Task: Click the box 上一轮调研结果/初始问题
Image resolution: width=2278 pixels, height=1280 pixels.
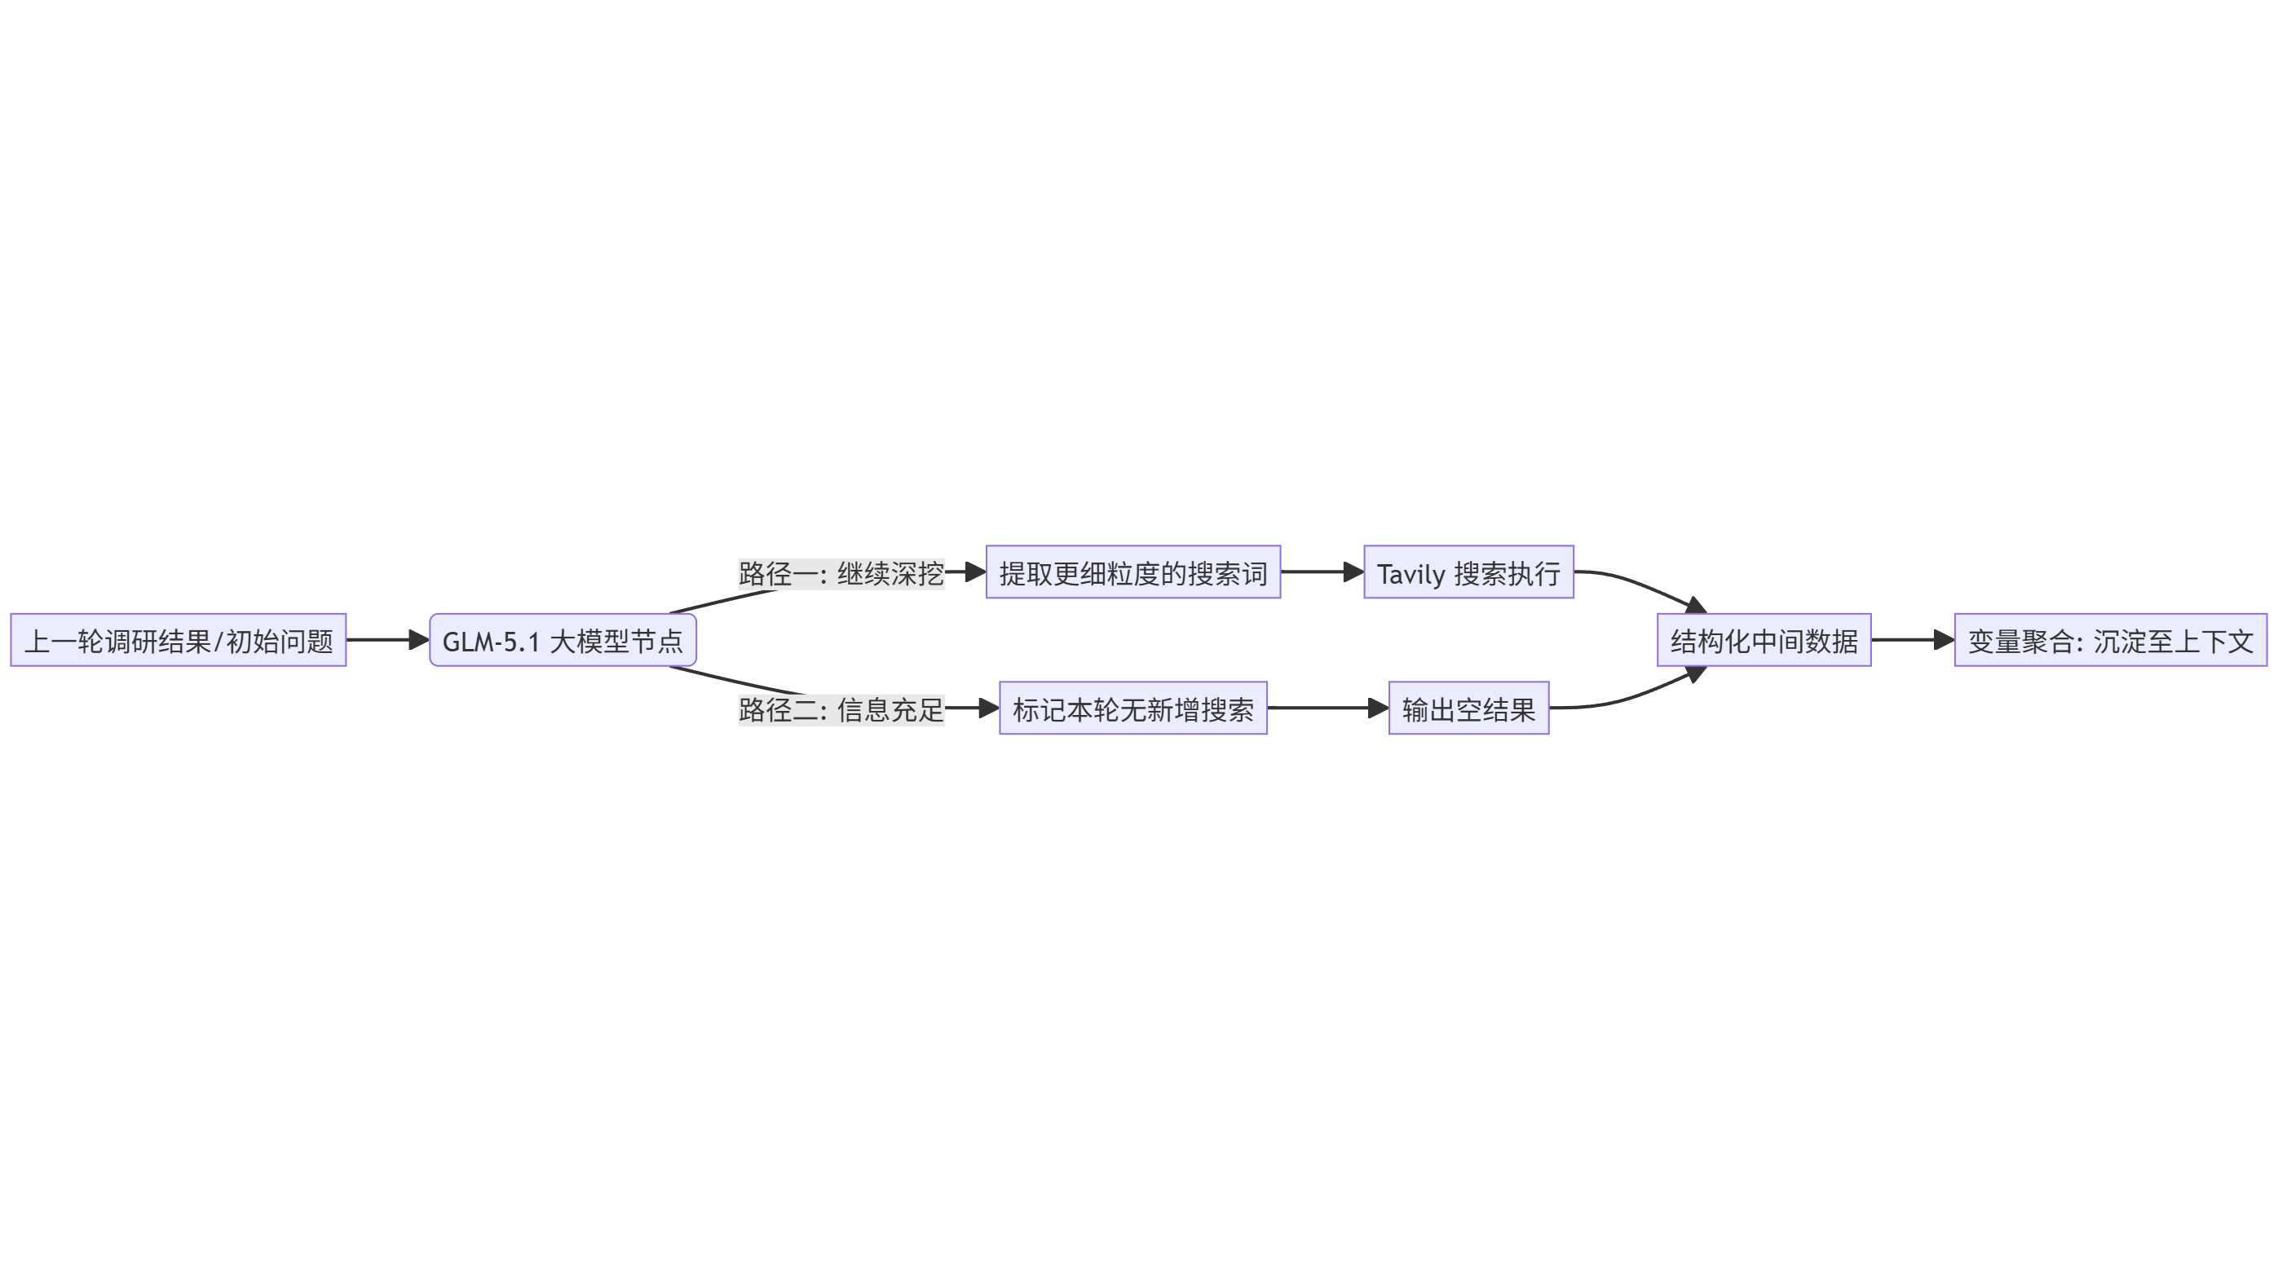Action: tap(178, 640)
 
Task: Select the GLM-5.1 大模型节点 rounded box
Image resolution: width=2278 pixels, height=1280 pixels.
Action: tap(563, 640)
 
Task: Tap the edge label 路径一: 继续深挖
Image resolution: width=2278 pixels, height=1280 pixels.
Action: tap(841, 574)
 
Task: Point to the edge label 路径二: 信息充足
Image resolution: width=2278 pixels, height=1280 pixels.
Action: tap(841, 709)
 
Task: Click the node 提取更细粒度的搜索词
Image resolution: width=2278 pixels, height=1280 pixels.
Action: tap(1132, 573)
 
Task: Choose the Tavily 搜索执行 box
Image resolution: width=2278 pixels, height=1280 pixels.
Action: tap(1468, 573)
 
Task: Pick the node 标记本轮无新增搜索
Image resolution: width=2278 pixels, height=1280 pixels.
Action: tap(1132, 708)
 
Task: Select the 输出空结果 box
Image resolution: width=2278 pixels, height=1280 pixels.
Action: tap(1468, 708)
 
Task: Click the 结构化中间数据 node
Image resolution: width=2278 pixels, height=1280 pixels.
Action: tap(1764, 640)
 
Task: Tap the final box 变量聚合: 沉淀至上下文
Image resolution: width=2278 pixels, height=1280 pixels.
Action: tap(2110, 640)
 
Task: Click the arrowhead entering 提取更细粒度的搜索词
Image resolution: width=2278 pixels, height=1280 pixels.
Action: tap(975, 573)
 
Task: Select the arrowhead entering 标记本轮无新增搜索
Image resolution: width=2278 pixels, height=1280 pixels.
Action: tap(989, 708)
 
